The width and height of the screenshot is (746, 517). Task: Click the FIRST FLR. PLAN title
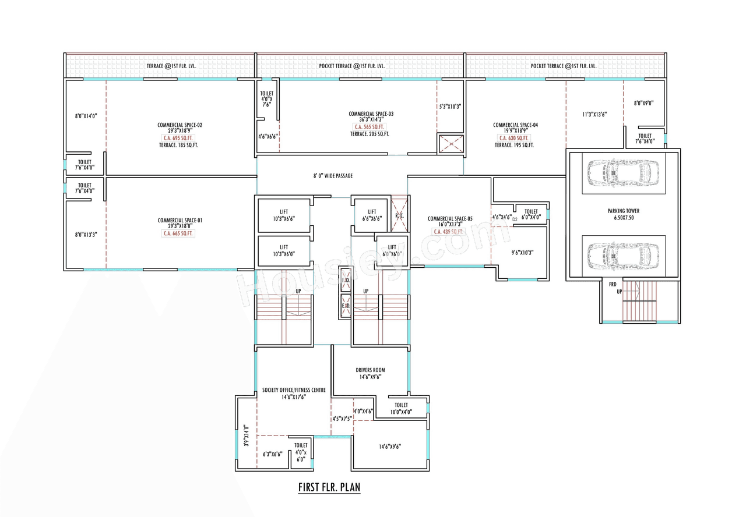pos(329,487)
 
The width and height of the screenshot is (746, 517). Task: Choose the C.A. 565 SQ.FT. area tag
pos(370,127)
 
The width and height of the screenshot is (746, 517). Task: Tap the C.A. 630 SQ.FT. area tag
pos(513,138)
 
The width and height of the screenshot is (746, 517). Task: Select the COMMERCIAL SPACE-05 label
pos(450,219)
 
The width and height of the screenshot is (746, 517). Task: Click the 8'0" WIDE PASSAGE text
pos(332,176)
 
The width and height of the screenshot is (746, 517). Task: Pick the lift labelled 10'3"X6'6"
pos(284,215)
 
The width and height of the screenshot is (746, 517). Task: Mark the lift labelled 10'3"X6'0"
pos(284,250)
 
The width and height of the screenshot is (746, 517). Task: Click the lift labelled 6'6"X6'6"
pos(372,215)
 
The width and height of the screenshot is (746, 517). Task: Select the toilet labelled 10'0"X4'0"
pos(401,408)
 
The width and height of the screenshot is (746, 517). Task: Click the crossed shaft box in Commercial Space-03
pos(451,144)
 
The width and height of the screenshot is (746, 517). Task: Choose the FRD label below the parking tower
pos(613,285)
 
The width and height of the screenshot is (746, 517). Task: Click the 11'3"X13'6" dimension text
pos(594,115)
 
